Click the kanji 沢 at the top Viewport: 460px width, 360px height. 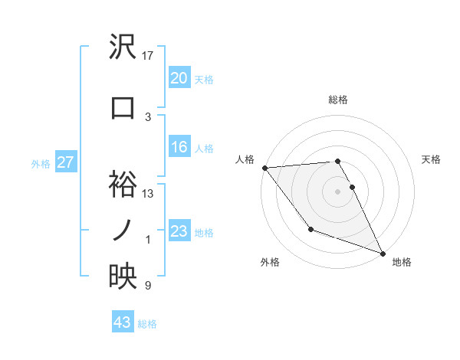(x=123, y=47)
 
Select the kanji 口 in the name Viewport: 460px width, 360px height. (x=123, y=108)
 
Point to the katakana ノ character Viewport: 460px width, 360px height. (x=123, y=231)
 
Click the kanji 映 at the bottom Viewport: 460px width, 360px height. (x=123, y=277)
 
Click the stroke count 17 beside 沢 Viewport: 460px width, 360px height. (x=148, y=56)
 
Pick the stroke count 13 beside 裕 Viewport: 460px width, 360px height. (x=148, y=194)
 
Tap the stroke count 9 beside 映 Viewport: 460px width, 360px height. (x=148, y=286)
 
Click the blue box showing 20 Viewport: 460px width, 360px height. (x=179, y=79)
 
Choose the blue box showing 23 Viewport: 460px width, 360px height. (x=179, y=231)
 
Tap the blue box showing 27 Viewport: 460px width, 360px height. (x=65, y=162)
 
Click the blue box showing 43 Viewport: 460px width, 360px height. (x=123, y=323)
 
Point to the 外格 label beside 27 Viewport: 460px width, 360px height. (x=41, y=163)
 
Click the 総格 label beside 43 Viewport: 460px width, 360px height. (x=147, y=324)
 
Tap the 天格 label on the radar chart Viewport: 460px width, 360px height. (x=431, y=159)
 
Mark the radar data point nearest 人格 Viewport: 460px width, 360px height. (x=264, y=168)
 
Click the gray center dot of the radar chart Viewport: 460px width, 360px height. (x=337, y=191)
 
